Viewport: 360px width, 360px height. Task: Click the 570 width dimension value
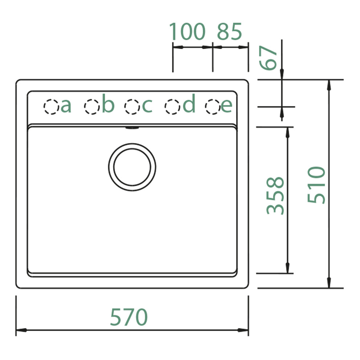pyautogui.click(x=129, y=317)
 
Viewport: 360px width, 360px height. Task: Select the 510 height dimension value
pyautogui.click(x=316, y=185)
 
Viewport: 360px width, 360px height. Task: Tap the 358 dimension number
pyautogui.click(x=275, y=196)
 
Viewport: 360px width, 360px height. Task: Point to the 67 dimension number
pyautogui.click(x=268, y=58)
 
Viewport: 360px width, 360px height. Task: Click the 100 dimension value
pyautogui.click(x=187, y=32)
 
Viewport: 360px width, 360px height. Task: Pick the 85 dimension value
pyautogui.click(x=229, y=32)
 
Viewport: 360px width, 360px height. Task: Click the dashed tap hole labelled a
pyautogui.click(x=51, y=107)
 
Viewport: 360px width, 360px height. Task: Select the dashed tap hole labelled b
pyautogui.click(x=91, y=107)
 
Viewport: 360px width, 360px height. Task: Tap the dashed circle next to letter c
pyautogui.click(x=132, y=107)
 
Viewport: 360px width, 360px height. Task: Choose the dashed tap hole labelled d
pyautogui.click(x=172, y=107)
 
